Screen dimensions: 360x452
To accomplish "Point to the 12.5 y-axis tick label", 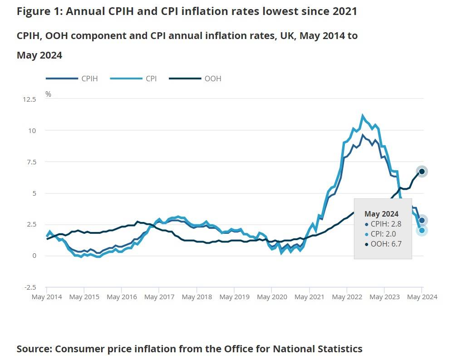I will (x=29, y=99).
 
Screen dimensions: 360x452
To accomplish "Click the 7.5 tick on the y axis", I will (x=31, y=162).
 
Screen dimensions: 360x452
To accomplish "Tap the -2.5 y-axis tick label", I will (x=30, y=287).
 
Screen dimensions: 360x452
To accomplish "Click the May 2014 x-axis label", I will (x=47, y=297).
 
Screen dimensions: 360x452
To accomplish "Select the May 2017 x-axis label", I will (x=159, y=297).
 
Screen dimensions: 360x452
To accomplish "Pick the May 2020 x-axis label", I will (x=272, y=297).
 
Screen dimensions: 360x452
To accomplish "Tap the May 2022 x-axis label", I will (x=347, y=297).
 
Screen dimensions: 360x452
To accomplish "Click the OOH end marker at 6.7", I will (x=422, y=171).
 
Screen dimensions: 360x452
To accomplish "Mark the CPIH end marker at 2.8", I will (x=422, y=220).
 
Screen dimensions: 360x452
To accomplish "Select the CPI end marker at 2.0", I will (x=422, y=230).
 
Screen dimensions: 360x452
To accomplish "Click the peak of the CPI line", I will (x=362, y=115).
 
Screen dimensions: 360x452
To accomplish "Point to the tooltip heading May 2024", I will (x=381, y=214).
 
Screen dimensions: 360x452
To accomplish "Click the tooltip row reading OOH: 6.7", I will (x=386, y=244).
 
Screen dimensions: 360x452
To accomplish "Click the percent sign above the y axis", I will (x=48, y=94).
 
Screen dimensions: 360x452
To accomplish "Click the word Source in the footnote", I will (x=34, y=349).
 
